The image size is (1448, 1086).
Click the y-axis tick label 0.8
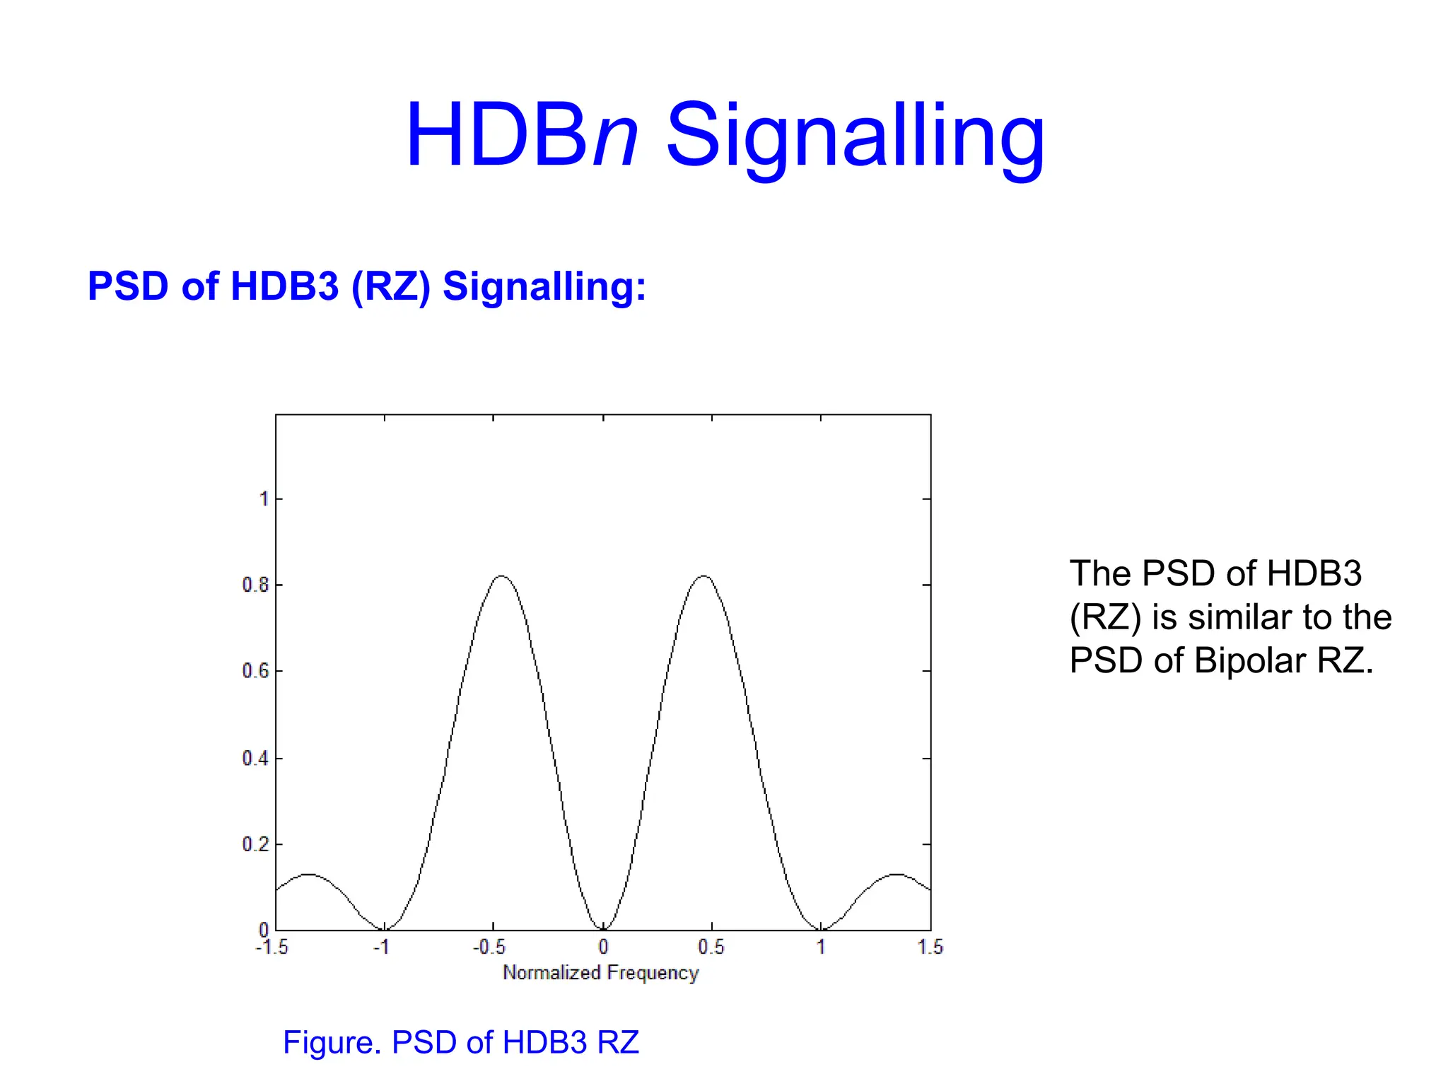[x=255, y=585]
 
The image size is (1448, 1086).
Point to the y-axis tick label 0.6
[x=255, y=671]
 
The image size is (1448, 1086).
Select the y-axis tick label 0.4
[x=255, y=759]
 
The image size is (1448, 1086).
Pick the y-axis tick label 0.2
[x=255, y=844]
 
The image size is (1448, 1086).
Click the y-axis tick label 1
[x=264, y=499]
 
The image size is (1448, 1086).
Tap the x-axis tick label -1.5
[x=271, y=947]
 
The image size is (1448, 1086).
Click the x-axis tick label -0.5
[x=489, y=947]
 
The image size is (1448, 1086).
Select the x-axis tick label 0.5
[x=711, y=947]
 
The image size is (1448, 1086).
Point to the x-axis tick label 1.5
[x=930, y=947]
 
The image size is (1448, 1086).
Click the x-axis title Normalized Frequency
[x=600, y=973]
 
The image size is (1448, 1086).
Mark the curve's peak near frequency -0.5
[x=501, y=576]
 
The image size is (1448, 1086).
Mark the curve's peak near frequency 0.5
[x=704, y=576]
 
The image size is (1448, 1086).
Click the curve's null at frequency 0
[x=603, y=929]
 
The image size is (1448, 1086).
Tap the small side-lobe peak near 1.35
[x=897, y=875]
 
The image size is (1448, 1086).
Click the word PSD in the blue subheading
[x=128, y=286]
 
